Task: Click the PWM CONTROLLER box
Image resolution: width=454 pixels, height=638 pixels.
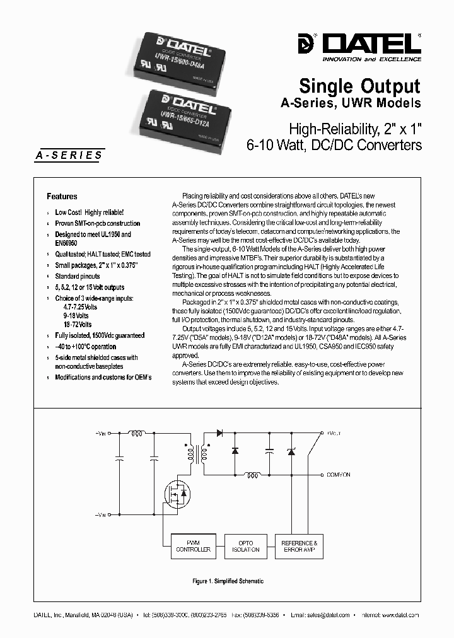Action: (x=193, y=546)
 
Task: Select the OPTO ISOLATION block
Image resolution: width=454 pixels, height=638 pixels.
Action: (x=245, y=546)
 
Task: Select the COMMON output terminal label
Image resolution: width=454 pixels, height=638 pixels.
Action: (x=338, y=475)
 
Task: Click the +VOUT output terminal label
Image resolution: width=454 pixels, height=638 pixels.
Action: (x=335, y=434)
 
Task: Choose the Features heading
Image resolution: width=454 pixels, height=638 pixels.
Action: (x=62, y=196)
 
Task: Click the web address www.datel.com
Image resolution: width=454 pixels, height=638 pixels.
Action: (x=400, y=615)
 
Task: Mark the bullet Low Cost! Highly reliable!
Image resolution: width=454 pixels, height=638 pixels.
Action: (x=90, y=213)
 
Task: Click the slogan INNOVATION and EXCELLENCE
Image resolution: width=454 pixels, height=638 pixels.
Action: (x=371, y=58)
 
